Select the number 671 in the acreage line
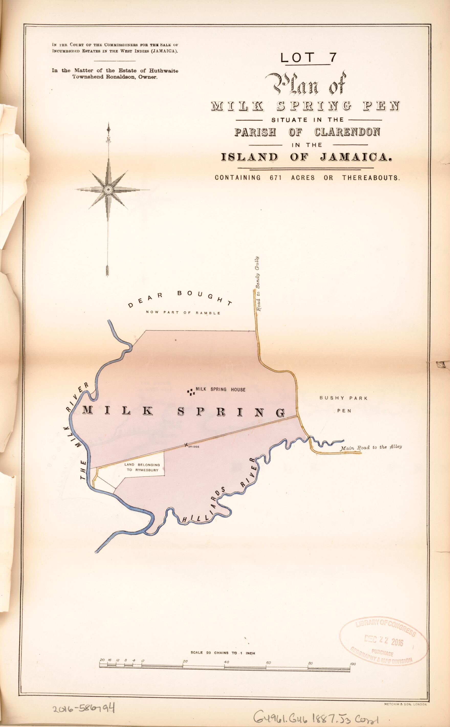point(276,178)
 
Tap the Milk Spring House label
point(220,389)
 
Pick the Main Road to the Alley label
point(371,447)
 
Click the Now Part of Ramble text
point(183,313)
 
